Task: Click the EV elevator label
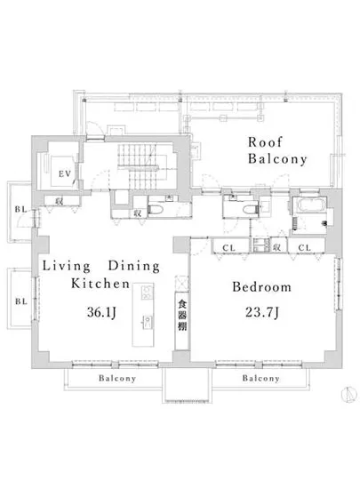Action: (x=65, y=173)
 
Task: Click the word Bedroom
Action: (x=261, y=287)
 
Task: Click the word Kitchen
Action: (x=100, y=286)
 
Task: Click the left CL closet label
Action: (x=228, y=247)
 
